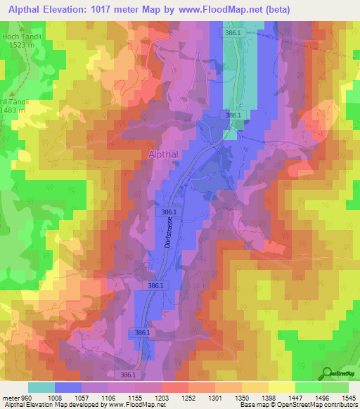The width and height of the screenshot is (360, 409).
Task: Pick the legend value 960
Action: click(25, 397)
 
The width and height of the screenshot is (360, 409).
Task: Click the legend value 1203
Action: click(161, 397)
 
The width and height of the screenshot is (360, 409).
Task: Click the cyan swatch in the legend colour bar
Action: click(41, 387)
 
